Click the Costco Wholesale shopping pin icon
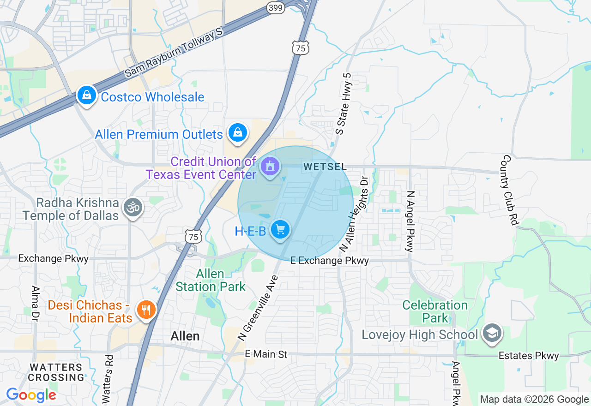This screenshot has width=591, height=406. click(x=86, y=96)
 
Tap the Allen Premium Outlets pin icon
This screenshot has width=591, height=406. click(x=238, y=133)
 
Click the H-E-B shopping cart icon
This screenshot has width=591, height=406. click(x=280, y=229)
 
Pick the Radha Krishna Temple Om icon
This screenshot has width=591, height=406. click(x=133, y=208)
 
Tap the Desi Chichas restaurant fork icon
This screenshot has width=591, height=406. click(x=147, y=310)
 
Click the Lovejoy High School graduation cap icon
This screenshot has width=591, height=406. click(x=492, y=333)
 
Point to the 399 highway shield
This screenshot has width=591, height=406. click(x=276, y=7)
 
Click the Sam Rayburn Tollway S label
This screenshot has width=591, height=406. click(x=174, y=52)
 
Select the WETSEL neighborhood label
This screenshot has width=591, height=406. click(x=325, y=167)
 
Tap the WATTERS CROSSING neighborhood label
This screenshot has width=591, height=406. click(x=56, y=372)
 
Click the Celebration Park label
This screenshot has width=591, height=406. click(x=435, y=311)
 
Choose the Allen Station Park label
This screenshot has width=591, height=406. click(x=211, y=281)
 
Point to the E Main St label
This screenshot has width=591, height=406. click(x=266, y=354)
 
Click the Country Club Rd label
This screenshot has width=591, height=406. click(x=509, y=190)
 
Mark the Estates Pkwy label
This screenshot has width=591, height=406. click(x=529, y=356)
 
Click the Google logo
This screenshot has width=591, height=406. click(x=31, y=395)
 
